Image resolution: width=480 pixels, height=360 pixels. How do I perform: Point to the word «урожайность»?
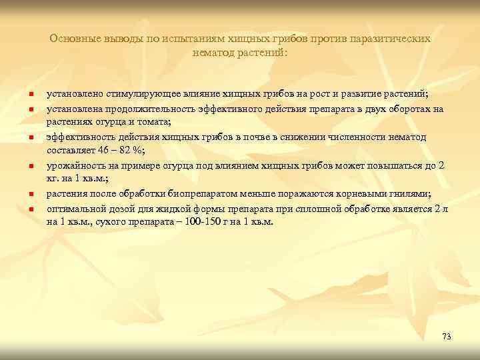pos(74,165)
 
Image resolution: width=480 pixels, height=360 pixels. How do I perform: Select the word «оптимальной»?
pos(75,208)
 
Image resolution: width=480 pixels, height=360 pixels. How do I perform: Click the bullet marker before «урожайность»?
pos(31,166)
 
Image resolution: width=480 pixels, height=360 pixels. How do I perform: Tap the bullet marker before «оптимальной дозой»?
pos(31,209)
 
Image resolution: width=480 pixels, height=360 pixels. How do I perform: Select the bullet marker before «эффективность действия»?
pos(31,138)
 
